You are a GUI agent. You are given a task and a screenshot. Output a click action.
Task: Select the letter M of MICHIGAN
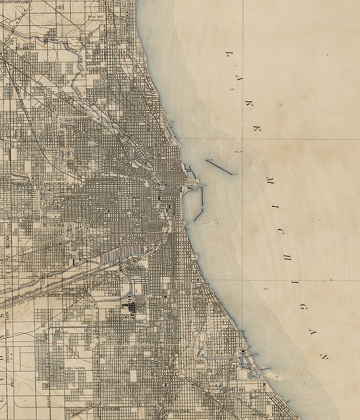tap(270, 180)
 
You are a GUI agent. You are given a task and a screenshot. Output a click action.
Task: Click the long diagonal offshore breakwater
tap(219, 166)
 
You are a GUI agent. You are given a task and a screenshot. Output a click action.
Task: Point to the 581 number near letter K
tap(231, 90)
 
